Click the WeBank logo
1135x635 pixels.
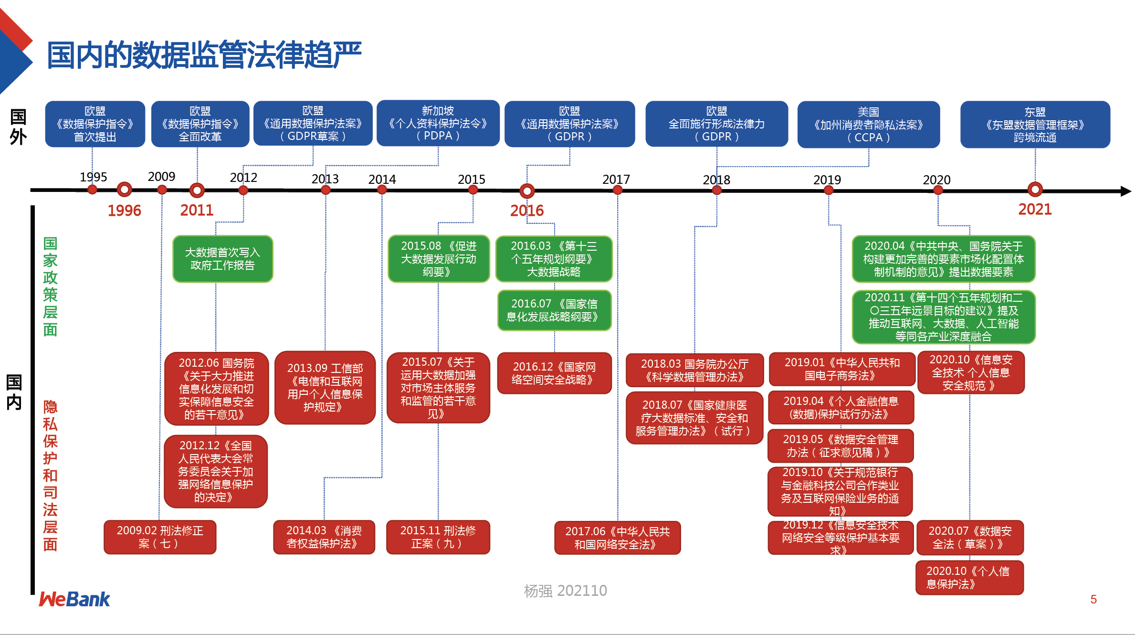74,599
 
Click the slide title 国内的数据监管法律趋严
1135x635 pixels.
204,55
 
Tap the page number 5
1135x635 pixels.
1093,599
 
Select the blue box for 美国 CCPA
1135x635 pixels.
868,125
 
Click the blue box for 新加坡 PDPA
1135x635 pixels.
438,123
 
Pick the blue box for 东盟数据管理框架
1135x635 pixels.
1035,125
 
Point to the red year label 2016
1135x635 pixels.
526,211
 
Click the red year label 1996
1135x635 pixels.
124,211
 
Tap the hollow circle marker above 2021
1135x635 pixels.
1035,190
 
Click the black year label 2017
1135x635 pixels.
616,180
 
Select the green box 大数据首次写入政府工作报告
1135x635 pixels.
222,259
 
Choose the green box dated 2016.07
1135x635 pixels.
554,310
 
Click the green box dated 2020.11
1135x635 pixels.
943,317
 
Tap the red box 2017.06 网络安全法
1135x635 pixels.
617,538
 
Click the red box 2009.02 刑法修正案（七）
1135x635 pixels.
160,537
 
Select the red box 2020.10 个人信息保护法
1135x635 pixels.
969,578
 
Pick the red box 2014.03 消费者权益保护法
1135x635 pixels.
324,537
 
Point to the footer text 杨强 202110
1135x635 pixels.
565,591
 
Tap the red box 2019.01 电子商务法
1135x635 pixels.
841,369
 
